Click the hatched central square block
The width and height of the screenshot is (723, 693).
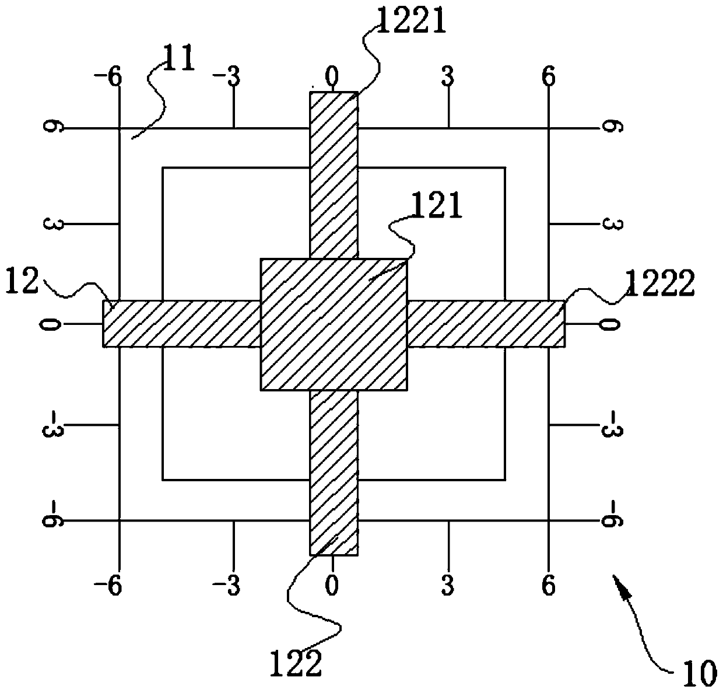click(334, 324)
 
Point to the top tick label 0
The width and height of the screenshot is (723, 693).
click(331, 76)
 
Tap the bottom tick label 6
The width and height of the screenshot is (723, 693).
click(549, 586)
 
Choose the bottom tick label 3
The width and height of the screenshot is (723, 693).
click(447, 586)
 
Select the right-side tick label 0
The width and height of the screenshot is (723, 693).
click(610, 324)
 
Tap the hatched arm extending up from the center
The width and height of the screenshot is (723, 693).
click(333, 175)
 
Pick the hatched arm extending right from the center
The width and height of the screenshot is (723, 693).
click(485, 324)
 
